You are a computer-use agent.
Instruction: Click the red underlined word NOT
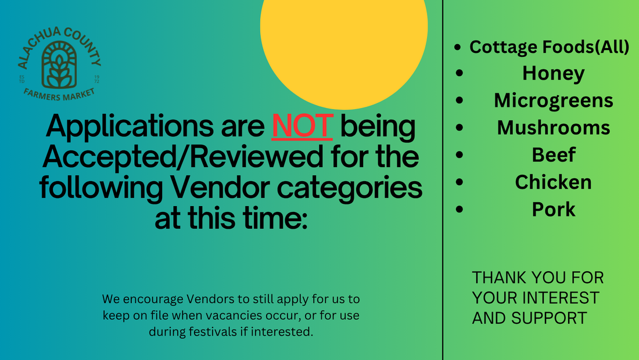coord(302,126)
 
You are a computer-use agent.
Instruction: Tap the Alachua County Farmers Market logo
coord(59,64)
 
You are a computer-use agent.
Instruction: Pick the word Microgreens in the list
coord(554,101)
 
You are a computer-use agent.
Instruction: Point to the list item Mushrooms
coord(554,128)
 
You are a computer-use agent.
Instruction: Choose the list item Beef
coord(554,155)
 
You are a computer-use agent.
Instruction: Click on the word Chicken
coord(554,182)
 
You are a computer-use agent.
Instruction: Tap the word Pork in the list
coord(554,209)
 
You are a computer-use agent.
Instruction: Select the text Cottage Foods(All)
coord(550,47)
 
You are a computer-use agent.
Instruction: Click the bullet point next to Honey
coord(459,73)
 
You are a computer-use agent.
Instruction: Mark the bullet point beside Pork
coord(459,209)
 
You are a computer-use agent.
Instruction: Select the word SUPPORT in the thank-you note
coord(549,318)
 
